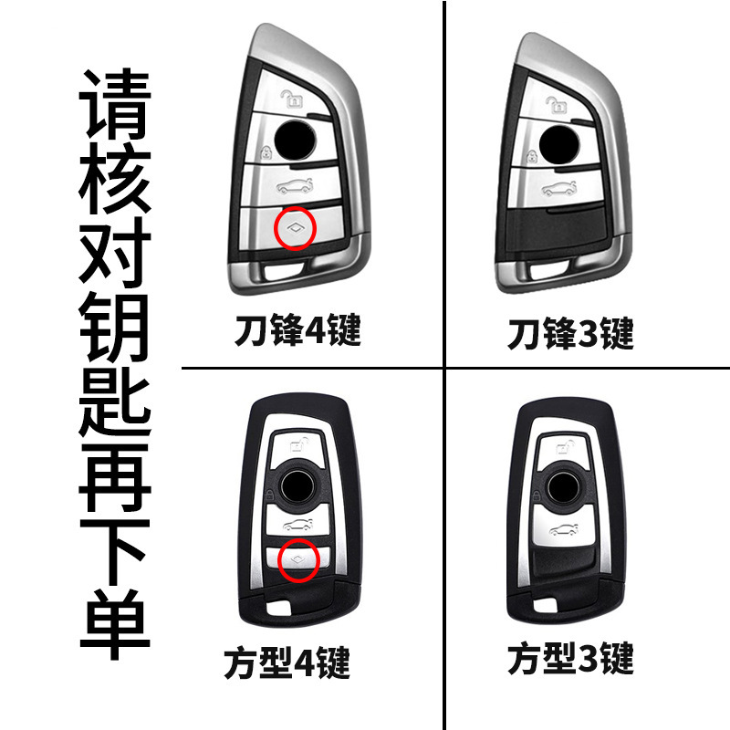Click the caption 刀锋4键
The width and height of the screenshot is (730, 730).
point(295,330)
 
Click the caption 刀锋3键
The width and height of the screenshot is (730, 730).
point(570,335)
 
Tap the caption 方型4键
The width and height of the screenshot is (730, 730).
point(287,663)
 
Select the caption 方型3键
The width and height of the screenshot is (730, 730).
point(569,658)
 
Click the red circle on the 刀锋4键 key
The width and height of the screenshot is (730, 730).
point(295,228)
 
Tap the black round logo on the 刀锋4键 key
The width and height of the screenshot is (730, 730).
point(294,140)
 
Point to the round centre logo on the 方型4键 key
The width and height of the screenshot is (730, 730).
point(297,483)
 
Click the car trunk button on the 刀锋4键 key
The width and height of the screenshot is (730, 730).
point(293,188)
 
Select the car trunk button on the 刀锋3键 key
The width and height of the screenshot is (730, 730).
point(557,189)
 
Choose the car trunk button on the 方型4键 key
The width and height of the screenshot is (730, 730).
point(297,526)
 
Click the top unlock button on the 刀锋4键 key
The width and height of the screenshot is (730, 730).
point(290,98)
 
